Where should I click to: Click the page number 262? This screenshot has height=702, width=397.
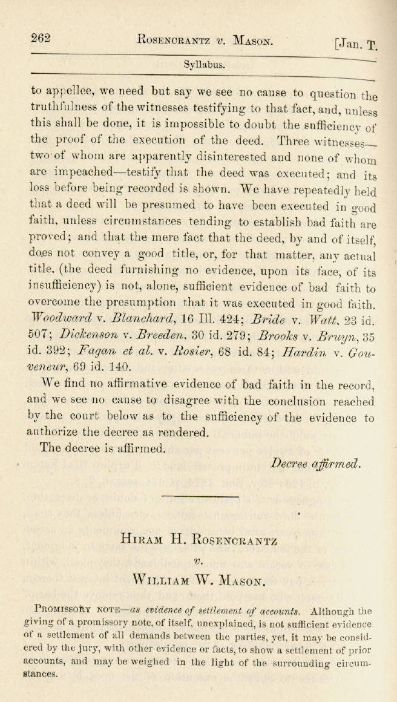41,38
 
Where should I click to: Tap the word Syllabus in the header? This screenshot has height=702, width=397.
204,64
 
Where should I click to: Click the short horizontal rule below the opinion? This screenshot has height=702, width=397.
199,496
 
